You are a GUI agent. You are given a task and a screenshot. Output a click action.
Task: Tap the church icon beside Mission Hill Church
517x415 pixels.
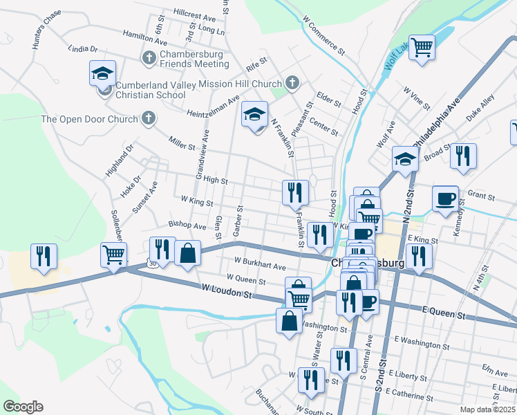point(292,83)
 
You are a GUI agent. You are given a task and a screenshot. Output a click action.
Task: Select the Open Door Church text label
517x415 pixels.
point(90,119)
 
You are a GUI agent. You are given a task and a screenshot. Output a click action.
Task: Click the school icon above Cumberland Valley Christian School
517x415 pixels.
point(102,73)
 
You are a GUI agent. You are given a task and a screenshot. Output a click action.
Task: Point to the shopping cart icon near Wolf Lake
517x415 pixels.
point(422,48)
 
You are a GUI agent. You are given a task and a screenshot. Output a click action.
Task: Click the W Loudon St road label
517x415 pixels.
point(225,293)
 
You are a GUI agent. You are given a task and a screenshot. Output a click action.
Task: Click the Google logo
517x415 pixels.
point(23,407)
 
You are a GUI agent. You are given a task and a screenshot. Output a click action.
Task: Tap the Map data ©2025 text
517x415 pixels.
point(487,409)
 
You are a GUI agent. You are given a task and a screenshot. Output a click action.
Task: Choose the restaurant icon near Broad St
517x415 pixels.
point(463,156)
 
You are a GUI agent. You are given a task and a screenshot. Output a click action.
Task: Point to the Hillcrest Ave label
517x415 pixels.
point(196,15)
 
